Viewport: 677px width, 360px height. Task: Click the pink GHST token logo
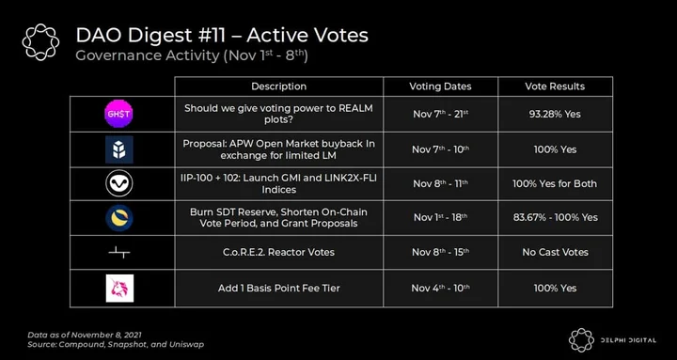click(118, 114)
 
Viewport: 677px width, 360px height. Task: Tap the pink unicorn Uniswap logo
click(119, 288)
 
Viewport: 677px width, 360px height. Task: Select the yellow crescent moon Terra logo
click(119, 218)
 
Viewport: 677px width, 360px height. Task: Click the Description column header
click(278, 86)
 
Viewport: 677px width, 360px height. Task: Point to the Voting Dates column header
click(440, 86)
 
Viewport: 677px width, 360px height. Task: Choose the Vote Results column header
click(555, 86)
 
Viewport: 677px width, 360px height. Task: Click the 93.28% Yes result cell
click(555, 114)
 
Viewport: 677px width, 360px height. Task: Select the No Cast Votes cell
click(556, 252)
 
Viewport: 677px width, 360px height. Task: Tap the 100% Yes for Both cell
click(555, 183)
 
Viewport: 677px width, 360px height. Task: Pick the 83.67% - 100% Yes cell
click(556, 217)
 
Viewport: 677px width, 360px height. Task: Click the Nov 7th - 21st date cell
click(440, 114)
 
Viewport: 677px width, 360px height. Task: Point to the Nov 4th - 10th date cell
click(440, 288)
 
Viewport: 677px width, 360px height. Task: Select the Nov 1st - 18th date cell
click(440, 217)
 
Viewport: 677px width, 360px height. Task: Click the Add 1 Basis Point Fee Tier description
click(279, 288)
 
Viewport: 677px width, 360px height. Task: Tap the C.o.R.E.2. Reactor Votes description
click(279, 252)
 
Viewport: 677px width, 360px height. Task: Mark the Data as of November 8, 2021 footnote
click(85, 335)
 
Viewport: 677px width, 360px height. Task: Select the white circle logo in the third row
click(119, 183)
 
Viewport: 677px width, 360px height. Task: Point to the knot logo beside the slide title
click(40, 42)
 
